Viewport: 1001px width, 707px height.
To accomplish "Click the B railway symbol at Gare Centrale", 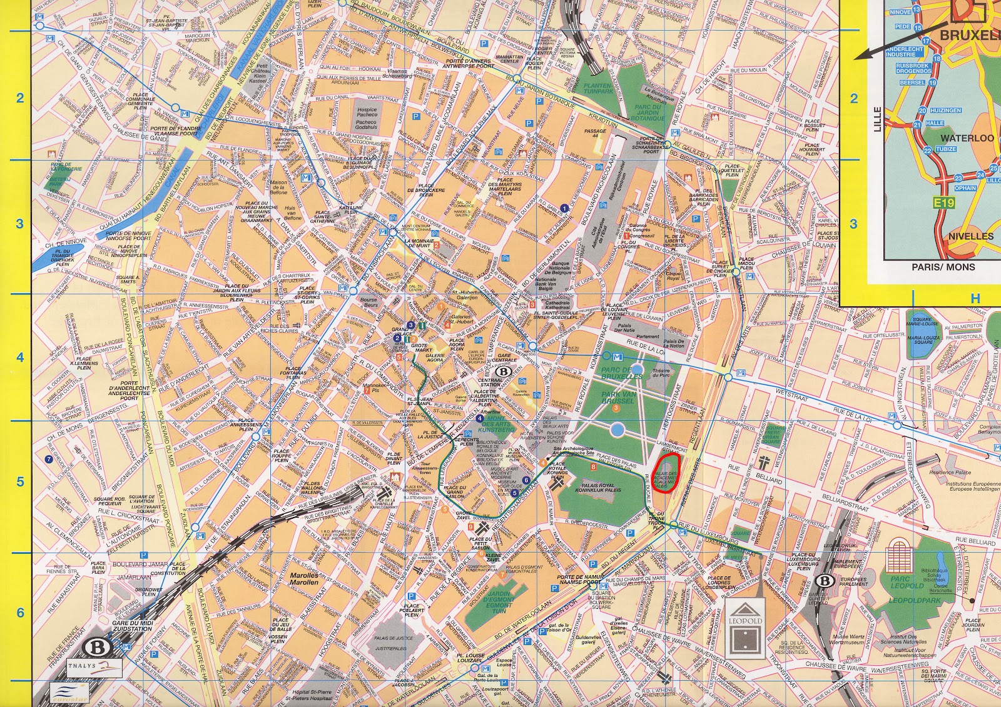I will (502, 371).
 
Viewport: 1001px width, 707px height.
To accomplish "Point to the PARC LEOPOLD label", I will (907, 586).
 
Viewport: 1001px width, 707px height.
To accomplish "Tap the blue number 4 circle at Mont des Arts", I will (479, 418).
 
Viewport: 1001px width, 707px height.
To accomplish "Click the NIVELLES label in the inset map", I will (971, 236).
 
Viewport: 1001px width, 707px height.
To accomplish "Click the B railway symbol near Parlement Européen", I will (826, 581).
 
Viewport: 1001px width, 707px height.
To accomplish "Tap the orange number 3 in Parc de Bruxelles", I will (616, 408).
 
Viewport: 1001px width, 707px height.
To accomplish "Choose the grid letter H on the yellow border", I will (975, 299).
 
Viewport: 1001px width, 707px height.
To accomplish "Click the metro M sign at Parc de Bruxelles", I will (618, 356).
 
